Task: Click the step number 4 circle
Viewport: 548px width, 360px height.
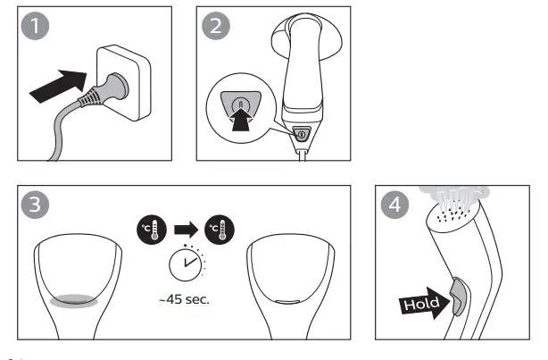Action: click(x=394, y=204)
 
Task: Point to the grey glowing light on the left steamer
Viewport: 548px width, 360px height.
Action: click(x=74, y=301)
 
